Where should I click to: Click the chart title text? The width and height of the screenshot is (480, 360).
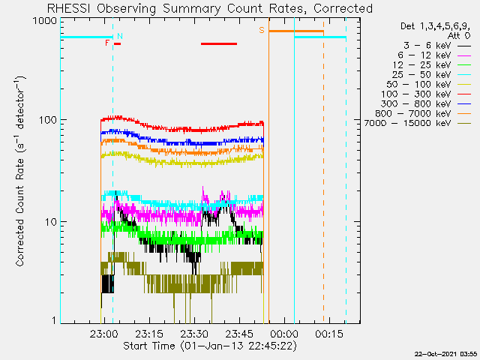tap(210, 8)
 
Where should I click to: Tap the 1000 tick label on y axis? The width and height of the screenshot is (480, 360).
tap(45, 21)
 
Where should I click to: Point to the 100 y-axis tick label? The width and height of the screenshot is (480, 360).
tap(48, 120)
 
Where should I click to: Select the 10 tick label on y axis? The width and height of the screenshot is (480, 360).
tap(51, 222)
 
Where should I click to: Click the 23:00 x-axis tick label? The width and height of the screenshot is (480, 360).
tap(104, 334)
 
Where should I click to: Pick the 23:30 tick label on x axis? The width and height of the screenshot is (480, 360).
tap(193, 334)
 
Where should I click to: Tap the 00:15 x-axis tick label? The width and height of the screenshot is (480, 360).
tap(329, 334)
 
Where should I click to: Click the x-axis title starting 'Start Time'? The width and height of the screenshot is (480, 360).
tap(210, 346)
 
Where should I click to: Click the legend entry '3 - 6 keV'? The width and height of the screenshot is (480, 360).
tap(437, 46)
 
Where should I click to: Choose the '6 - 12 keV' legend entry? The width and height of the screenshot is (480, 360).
tap(434, 55)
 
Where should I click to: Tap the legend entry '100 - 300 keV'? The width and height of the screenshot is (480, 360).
tap(426, 94)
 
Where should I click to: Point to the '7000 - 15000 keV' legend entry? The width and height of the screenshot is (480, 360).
tap(418, 123)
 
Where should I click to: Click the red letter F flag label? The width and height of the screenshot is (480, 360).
tap(107, 43)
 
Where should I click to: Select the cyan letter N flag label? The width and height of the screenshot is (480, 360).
tap(120, 36)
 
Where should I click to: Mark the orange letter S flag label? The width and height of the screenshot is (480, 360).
tap(262, 30)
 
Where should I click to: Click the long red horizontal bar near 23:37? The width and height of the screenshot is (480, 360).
tap(219, 43)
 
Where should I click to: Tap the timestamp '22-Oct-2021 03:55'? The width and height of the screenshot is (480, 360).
tap(445, 354)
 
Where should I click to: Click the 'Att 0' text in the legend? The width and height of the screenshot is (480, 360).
tap(459, 36)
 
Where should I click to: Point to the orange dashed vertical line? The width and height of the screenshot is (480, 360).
tap(323, 172)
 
